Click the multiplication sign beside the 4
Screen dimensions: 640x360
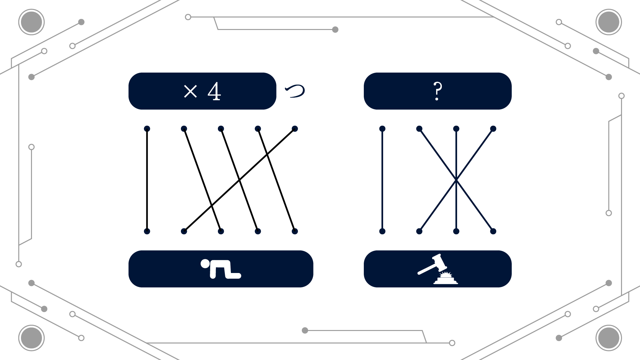[191, 91]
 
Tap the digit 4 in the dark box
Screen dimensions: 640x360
[214, 91]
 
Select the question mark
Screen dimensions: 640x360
[437, 91]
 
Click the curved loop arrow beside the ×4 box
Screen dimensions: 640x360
[295, 91]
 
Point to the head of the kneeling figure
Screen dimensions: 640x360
[205, 264]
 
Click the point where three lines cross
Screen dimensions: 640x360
[456, 180]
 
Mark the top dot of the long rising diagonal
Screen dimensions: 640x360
[295, 129]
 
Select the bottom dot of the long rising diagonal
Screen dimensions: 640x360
[184, 231]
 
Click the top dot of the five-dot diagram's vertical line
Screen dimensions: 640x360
[147, 129]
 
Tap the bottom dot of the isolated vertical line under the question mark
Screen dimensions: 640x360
[382, 231]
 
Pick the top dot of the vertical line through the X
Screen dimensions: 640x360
[456, 129]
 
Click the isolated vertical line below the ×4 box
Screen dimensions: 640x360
[147, 180]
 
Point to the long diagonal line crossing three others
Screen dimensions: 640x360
[239, 180]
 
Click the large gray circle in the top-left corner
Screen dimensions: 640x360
[31, 22]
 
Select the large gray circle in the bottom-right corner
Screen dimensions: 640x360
[609, 338]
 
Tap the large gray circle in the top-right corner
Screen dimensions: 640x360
[609, 22]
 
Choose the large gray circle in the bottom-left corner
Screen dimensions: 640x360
[31, 338]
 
